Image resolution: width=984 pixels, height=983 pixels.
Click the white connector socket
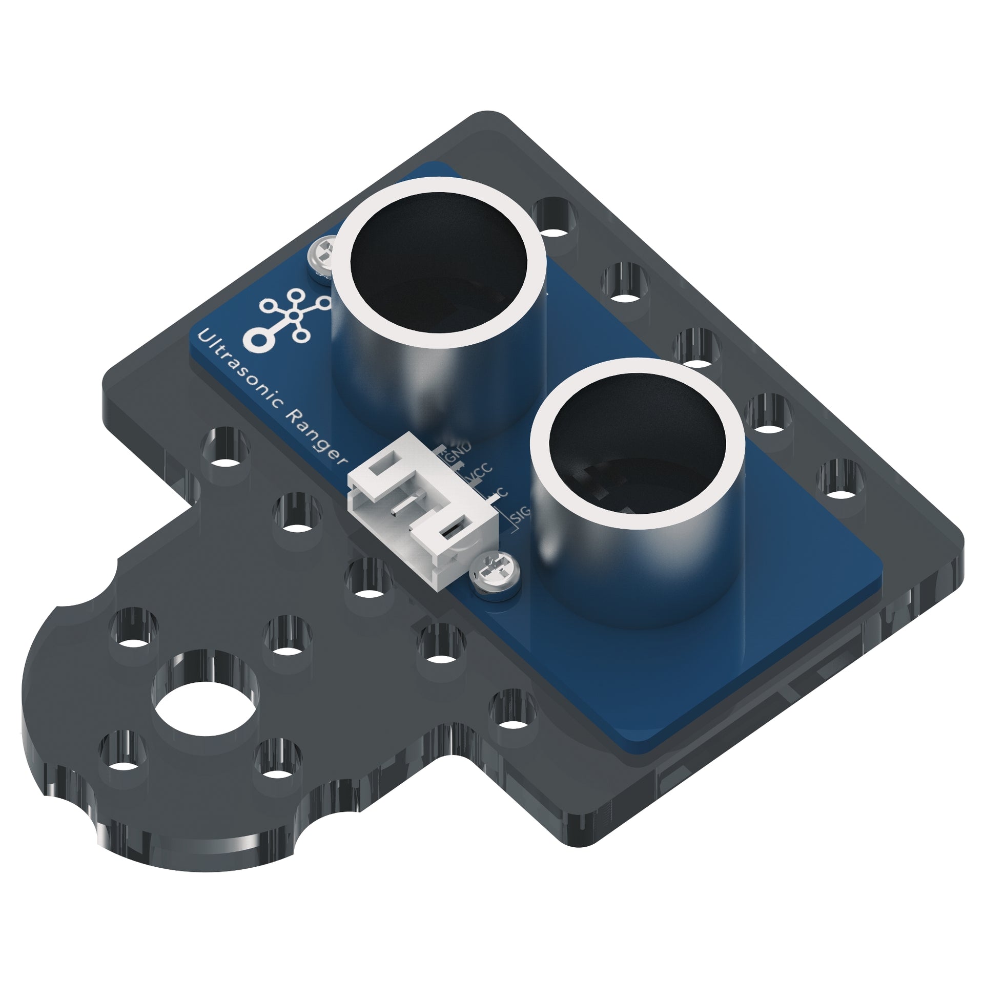tap(420, 517)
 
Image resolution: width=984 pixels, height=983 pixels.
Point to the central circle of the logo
tap(293, 316)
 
